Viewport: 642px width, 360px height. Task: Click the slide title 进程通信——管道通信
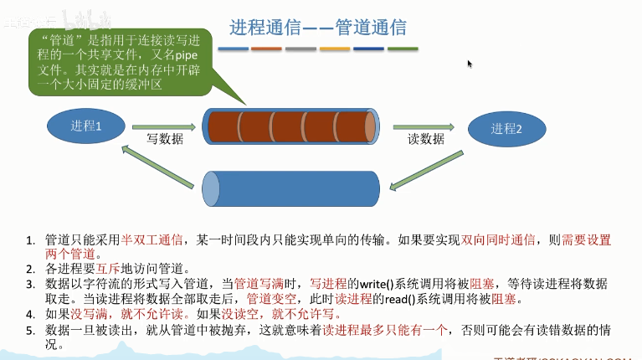tap(318, 27)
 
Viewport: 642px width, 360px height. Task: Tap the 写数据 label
tap(164, 139)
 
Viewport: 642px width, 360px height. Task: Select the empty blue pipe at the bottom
tap(290, 188)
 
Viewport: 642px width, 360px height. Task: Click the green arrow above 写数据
tap(164, 127)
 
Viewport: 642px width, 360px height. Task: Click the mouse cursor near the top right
tap(470, 64)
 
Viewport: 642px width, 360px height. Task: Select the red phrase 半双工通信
tap(152, 240)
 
